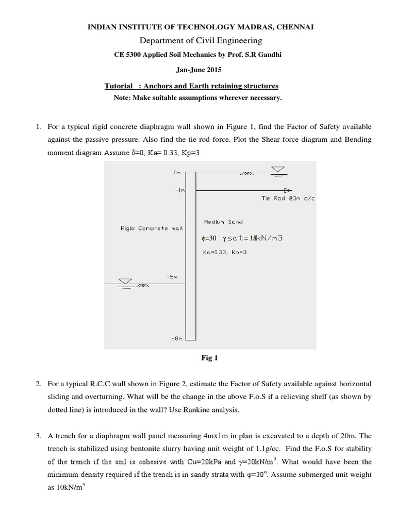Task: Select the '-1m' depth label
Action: [x=179, y=190]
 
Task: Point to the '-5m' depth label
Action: [x=172, y=277]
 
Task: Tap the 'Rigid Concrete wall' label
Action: [x=144, y=228]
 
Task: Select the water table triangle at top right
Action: [x=279, y=170]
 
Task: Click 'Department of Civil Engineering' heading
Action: [x=197, y=40]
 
